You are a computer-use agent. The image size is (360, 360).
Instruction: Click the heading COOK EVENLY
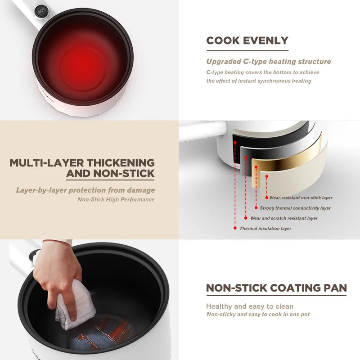247,40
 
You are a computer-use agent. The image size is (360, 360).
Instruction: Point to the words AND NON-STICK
110,174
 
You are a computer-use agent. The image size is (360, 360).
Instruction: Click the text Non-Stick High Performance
116,199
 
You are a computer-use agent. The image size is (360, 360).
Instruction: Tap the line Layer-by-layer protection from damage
85,190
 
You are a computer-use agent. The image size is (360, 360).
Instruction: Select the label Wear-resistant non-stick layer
301,198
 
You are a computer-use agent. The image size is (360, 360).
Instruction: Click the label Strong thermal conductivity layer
295,208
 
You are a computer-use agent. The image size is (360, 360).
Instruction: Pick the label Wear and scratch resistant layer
284,218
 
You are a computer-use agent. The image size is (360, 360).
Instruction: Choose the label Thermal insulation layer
265,229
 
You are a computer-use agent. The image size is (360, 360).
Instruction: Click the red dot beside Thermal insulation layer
235,228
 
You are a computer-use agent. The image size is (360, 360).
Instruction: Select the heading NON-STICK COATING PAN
276,288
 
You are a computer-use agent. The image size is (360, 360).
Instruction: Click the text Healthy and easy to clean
250,306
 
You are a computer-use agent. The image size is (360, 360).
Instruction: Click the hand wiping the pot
58,270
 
